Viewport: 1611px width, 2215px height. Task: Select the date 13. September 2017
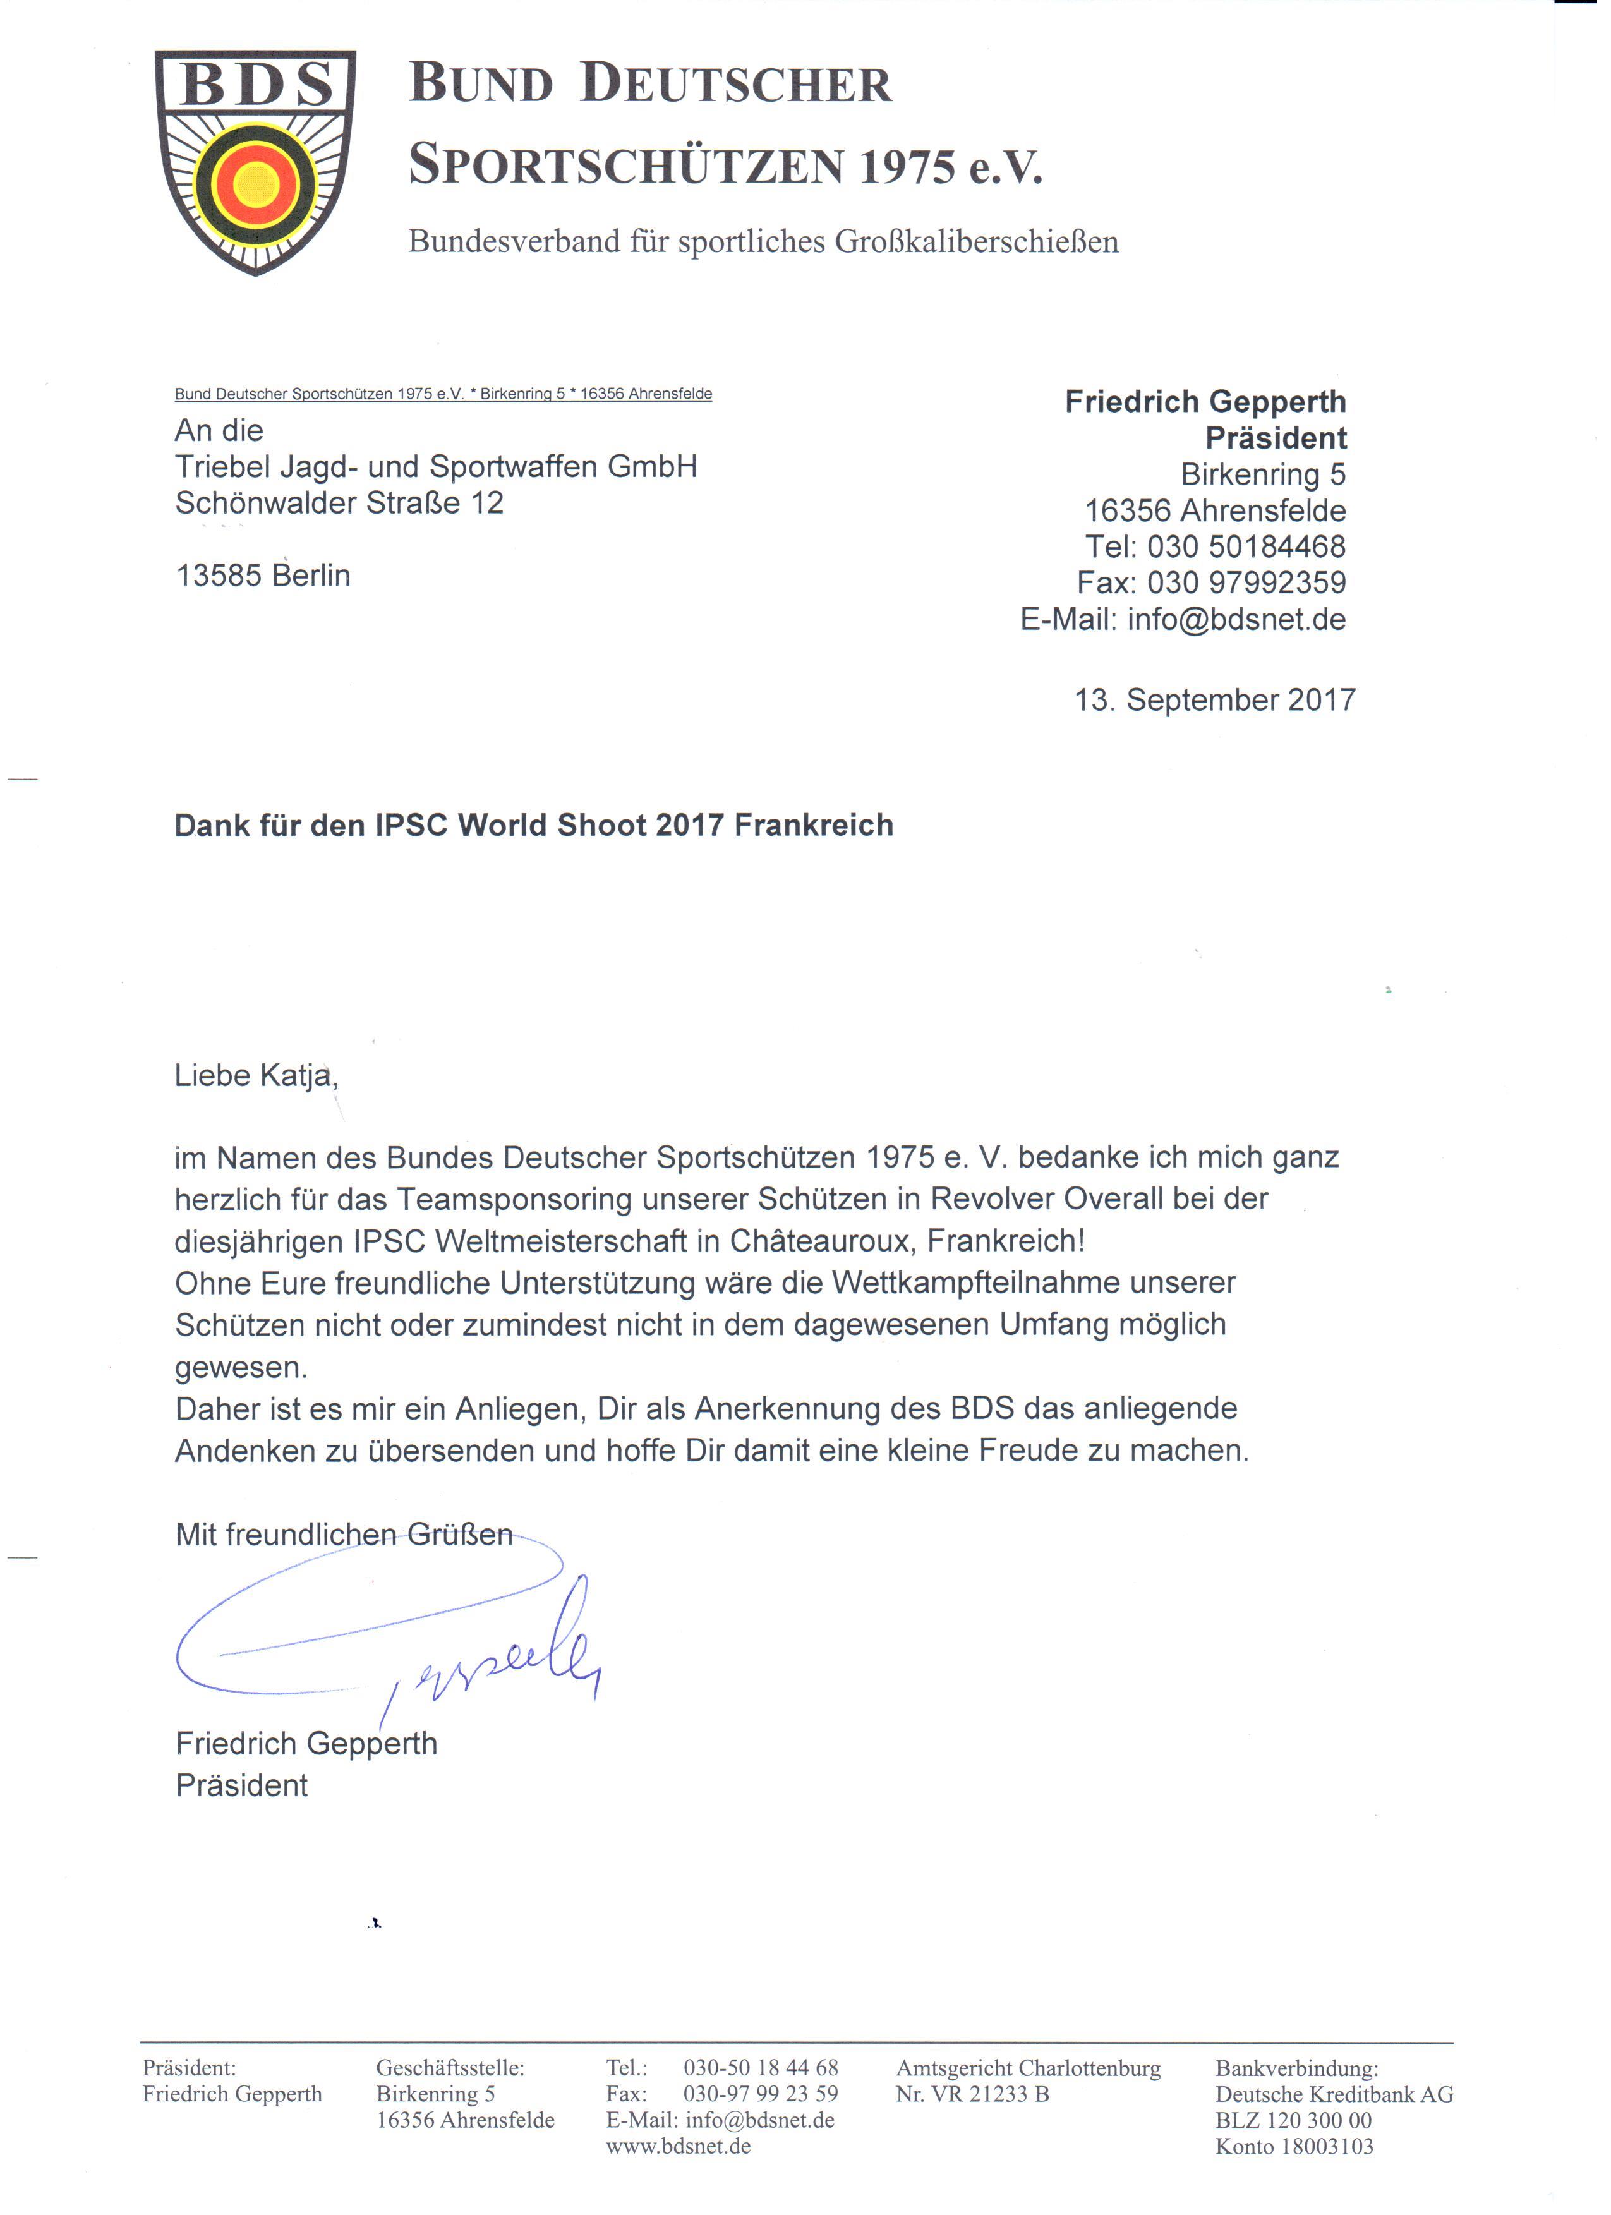[1215, 699]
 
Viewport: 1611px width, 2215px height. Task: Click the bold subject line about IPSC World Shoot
[533, 825]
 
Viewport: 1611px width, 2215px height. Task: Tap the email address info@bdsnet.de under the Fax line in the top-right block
[1236, 619]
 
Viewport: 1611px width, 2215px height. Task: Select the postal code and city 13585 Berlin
[263, 576]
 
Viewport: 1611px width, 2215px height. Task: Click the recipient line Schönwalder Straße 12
[339, 503]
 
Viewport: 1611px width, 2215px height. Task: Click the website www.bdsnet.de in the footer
[679, 2146]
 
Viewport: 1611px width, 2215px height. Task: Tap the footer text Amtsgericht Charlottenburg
[1028, 2068]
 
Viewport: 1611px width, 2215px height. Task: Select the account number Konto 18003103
[1294, 2146]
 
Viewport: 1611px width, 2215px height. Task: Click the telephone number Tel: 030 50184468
[1216, 547]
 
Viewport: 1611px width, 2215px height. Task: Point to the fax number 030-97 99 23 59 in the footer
[761, 2094]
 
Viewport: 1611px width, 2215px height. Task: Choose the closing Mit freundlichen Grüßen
[344, 1535]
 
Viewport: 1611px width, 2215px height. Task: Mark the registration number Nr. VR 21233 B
[972, 2094]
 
